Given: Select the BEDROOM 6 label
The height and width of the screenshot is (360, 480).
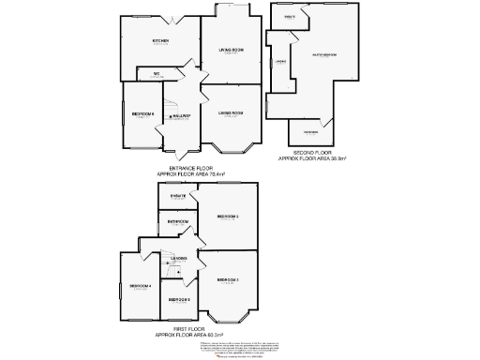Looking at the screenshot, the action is [142, 114].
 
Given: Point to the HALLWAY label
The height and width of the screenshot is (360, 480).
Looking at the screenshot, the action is [181, 116].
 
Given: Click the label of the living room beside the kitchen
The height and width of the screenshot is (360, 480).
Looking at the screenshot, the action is [231, 49].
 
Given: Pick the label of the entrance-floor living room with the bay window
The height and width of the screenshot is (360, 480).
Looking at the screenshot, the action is [231, 113].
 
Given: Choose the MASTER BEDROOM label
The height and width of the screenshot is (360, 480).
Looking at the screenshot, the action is [324, 54].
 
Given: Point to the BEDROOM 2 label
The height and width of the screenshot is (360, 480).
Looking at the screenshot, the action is [228, 217].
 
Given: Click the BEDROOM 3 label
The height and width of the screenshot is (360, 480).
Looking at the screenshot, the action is [228, 280].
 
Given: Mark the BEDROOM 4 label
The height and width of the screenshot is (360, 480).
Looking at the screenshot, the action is [140, 285].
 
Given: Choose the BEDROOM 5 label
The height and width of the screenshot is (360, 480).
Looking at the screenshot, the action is [179, 299].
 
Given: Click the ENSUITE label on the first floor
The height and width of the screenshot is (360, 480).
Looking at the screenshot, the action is [178, 194].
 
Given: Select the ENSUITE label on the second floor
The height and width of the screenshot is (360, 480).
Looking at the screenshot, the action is [291, 17].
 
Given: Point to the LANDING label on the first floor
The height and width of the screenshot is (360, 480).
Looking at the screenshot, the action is [178, 257].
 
